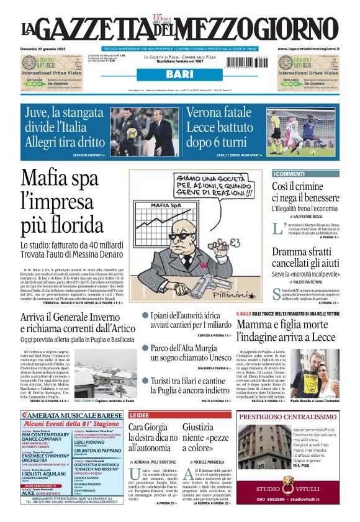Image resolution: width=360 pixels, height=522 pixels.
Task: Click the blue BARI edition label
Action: (x=180, y=74)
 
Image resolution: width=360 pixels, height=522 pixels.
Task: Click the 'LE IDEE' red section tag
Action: (x=139, y=415)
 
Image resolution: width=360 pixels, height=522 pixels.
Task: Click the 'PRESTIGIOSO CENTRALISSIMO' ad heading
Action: (x=288, y=417)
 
